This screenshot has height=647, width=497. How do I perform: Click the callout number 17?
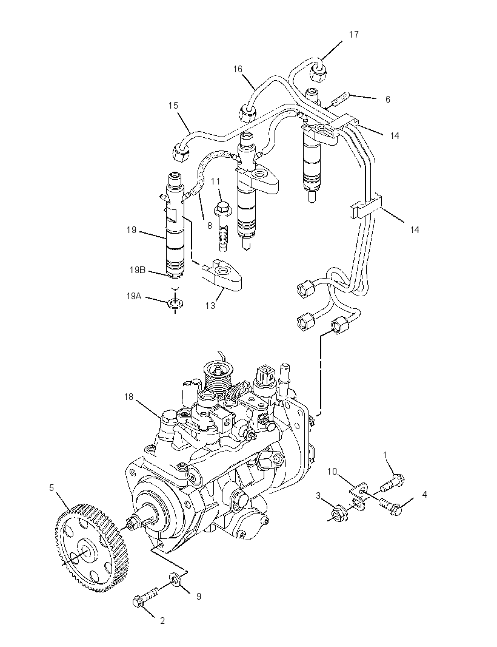[x=353, y=35]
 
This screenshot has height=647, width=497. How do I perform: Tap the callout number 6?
[x=387, y=100]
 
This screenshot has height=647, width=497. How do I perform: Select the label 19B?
[x=138, y=270]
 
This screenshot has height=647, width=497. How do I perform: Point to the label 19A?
[x=135, y=296]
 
